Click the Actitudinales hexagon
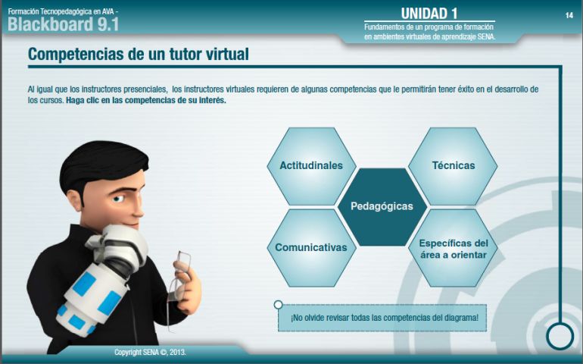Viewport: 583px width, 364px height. [311, 166]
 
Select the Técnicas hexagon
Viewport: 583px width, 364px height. [453, 166]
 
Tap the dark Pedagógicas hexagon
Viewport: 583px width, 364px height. [382, 207]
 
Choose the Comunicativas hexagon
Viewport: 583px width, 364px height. [311, 248]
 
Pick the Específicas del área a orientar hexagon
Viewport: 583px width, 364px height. [453, 248]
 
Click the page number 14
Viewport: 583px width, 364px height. [569, 15]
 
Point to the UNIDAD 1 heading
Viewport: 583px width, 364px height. [429, 14]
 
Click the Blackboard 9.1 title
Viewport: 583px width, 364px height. [63, 24]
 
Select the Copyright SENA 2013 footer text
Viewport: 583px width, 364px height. [150, 352]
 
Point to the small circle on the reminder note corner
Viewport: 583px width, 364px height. [278, 305]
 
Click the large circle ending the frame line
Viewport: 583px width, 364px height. [560, 336]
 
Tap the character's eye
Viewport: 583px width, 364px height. [118, 199]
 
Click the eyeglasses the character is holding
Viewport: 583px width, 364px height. [179, 283]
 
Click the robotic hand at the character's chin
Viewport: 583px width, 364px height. [118, 246]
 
